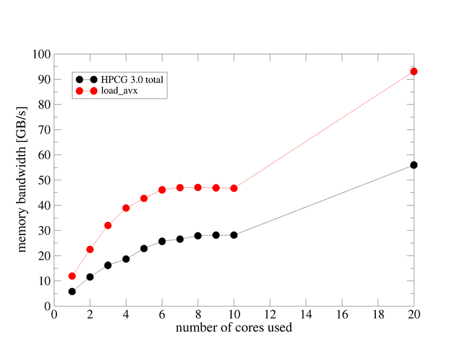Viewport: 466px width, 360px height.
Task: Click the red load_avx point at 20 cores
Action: pyautogui.click(x=414, y=72)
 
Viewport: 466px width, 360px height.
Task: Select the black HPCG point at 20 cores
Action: pyautogui.click(x=414, y=165)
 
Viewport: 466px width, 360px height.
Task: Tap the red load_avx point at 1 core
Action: pyautogui.click(x=72, y=276)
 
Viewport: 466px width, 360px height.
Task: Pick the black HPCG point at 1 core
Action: pyautogui.click(x=72, y=291)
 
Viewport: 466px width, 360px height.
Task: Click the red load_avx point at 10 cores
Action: pyautogui.click(x=234, y=188)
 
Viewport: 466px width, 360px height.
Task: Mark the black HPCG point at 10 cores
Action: pyautogui.click(x=234, y=235)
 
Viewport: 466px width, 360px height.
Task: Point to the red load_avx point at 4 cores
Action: pyautogui.click(x=126, y=208)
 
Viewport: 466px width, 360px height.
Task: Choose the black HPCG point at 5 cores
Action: pyautogui.click(x=144, y=248)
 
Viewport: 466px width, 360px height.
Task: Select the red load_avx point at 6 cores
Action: pyautogui.click(x=162, y=190)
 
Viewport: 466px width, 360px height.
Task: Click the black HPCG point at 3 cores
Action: pyautogui.click(x=108, y=265)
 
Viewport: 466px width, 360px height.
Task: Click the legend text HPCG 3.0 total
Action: pyautogui.click(x=132, y=79)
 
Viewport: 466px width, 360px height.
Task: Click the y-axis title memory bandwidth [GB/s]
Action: pyautogui.click(x=22, y=180)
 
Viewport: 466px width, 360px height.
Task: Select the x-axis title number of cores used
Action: pyautogui.click(x=234, y=328)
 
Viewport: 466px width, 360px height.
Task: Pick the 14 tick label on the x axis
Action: pyautogui.click(x=306, y=315)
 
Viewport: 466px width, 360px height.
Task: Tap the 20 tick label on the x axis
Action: pyautogui.click(x=414, y=315)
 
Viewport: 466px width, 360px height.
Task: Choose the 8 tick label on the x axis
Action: pyautogui.click(x=198, y=315)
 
